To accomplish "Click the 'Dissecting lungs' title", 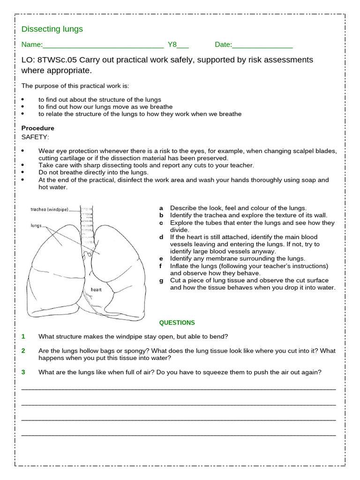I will point(52,29).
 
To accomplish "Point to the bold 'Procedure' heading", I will point(38,128).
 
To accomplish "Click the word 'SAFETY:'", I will point(35,137).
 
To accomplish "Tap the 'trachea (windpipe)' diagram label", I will point(49,210).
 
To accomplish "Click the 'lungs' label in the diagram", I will point(37,225).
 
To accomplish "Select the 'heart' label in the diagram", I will point(96,290).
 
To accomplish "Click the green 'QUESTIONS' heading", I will point(177,322).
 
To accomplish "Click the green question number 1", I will point(23,337).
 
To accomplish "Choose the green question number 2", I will point(23,351).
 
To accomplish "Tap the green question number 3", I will point(23,372).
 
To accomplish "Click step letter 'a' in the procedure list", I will point(161,208).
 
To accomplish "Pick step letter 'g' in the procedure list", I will point(161,280).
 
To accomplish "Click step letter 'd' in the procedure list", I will point(161,237).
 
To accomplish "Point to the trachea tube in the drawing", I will point(87,220).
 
